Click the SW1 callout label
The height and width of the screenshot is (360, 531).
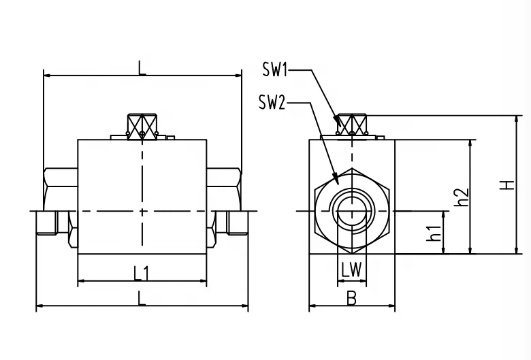click(x=276, y=69)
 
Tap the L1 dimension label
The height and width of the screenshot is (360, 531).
click(x=142, y=273)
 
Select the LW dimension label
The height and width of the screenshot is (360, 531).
click(x=352, y=269)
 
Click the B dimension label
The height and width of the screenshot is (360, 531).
click(x=351, y=297)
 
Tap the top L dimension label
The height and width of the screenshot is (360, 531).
click(x=142, y=67)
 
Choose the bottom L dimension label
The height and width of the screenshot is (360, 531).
click(x=141, y=297)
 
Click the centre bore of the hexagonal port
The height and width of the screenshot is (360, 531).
click(x=351, y=212)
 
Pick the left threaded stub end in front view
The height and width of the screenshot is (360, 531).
click(x=45, y=222)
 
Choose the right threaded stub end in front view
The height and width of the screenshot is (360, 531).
click(x=239, y=222)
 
